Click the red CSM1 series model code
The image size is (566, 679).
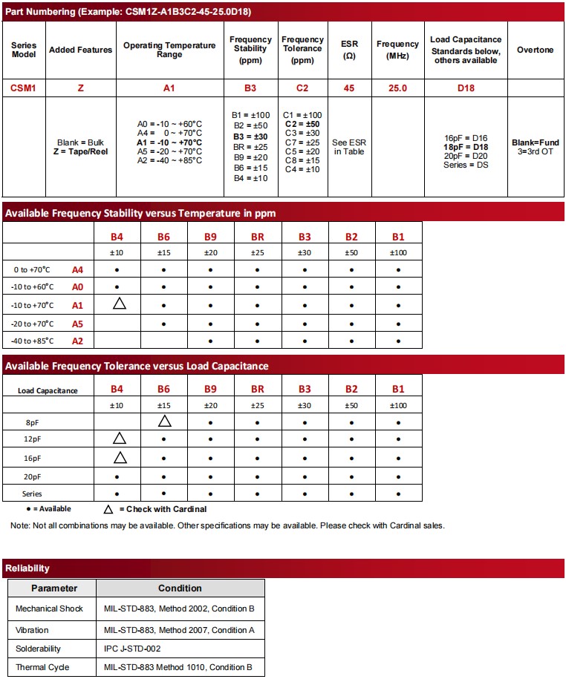[24, 88]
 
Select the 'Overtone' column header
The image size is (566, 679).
[535, 50]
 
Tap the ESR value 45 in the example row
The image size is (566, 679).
[348, 88]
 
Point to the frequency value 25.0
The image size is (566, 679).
[398, 88]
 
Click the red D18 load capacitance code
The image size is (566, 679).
[465, 88]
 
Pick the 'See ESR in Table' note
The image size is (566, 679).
[348, 147]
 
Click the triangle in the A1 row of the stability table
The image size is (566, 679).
[120, 304]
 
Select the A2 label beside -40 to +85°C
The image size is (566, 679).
[78, 341]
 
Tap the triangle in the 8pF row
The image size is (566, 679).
[165, 421]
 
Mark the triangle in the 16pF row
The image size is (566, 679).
[120, 458]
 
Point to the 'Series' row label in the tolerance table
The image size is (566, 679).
[32, 493]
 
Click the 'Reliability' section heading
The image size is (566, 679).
[27, 568]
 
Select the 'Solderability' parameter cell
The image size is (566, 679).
[39, 649]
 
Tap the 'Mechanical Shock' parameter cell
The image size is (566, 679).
[49, 609]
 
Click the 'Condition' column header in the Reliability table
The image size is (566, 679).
[180, 588]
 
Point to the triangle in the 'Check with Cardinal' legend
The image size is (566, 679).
[108, 510]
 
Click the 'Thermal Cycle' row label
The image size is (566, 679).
[42, 667]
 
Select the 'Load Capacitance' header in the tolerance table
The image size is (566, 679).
[48, 390]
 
